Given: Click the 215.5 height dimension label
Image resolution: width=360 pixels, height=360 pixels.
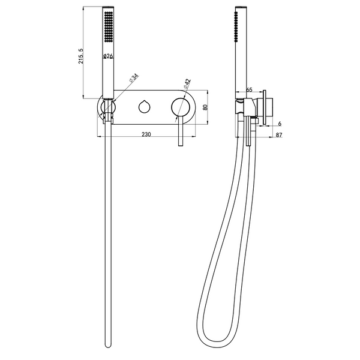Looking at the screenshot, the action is click(x=81, y=56).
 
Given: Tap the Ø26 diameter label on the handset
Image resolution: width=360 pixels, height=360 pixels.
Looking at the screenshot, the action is click(x=108, y=56).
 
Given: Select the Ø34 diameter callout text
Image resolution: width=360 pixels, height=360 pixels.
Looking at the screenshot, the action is click(x=134, y=78).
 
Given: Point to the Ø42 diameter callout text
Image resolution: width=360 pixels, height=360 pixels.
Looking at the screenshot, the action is click(x=187, y=84).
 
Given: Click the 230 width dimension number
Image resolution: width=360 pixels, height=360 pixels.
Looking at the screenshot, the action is click(x=146, y=134).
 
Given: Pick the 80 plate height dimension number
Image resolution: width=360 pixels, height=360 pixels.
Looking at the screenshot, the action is click(x=205, y=107).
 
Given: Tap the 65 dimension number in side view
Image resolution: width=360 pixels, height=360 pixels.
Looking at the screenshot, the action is click(x=249, y=90).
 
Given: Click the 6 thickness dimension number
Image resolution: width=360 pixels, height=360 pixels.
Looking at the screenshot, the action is click(x=280, y=124).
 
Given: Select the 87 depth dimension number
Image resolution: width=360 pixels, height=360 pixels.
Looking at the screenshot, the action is click(x=279, y=135).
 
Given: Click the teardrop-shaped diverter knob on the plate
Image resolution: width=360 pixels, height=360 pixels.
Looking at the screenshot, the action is click(x=145, y=107).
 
